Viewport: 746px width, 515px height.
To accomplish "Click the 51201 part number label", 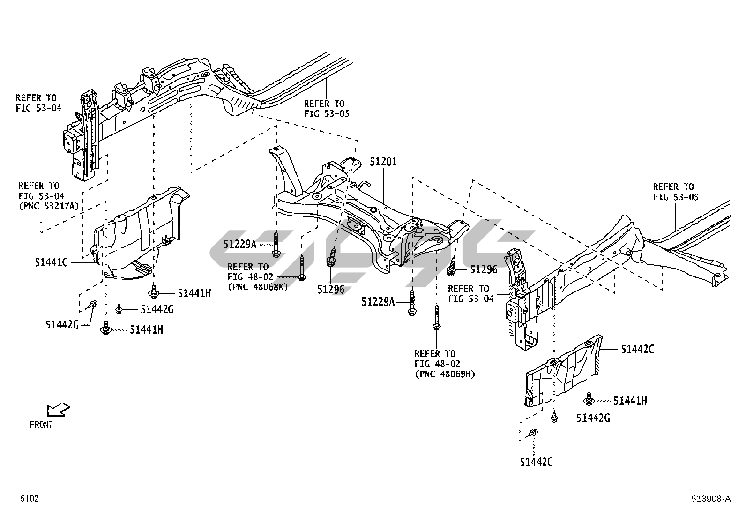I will coord(383,162).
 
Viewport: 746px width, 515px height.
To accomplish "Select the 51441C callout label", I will coord(51,262).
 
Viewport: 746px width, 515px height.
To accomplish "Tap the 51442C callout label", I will coord(637,349).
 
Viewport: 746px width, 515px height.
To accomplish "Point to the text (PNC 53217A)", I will coord(48,206).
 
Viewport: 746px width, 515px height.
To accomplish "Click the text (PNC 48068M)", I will coord(257,287).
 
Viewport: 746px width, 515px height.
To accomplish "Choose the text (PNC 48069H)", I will coord(445,374).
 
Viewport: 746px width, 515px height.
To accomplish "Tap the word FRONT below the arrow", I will coord(41,425).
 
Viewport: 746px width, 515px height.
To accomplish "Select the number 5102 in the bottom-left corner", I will coord(29,499).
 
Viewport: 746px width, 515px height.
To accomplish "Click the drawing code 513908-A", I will coord(710,499).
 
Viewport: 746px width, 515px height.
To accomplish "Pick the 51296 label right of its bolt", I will coord(483,269).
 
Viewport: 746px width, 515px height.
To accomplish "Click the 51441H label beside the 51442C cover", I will coord(630,401).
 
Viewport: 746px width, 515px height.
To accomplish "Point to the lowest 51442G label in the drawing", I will coord(536,463).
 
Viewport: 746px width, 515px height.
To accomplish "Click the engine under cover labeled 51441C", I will coord(141,234).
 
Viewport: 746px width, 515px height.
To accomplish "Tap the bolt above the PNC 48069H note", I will coord(436,319).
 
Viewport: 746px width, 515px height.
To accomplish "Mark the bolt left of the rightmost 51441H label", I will coord(589,400).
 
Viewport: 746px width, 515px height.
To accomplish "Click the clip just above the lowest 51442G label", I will coord(533,433).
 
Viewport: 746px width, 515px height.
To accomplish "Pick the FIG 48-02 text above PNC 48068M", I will coord(250,277).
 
